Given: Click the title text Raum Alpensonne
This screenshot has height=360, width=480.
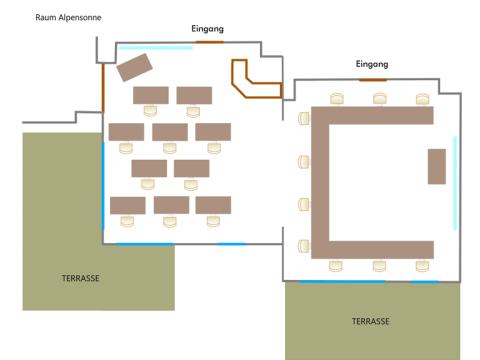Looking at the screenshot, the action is pos(68,18).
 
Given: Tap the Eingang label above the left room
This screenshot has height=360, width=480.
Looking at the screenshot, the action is pos(207,29).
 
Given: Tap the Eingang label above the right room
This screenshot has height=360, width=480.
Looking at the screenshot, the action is pos(372,64).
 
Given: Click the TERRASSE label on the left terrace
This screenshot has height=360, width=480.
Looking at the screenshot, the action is pos(81,278).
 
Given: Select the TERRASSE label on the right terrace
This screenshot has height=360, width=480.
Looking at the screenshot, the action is pos(371,321).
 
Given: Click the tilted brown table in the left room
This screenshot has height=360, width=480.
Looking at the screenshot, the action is pos(135,67).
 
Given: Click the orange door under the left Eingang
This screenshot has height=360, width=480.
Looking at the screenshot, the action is pos(210,42).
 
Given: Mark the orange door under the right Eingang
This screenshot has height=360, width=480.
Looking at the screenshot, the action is pos(373,80).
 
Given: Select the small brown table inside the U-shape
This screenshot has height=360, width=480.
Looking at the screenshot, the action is pos(437,166).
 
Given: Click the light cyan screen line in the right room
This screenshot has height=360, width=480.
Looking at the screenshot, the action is pos(455,183).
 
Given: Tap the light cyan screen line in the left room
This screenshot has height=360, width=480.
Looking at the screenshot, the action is pos(156,48).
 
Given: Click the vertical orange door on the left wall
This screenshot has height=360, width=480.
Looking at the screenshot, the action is pos(103,88).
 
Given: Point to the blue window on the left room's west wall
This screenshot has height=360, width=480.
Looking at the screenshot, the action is pos(103,185).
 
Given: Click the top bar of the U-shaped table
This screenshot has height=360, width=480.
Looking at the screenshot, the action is pos(372,115).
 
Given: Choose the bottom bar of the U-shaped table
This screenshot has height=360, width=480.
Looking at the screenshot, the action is pos(372,250).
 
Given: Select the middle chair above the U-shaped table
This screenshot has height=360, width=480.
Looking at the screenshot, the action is pos(380,99).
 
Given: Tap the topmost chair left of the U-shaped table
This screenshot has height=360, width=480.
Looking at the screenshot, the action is pos(304,118).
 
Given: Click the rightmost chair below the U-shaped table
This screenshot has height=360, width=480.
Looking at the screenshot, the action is pos(422,266).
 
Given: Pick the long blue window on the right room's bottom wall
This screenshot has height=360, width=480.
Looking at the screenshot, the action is pos(342,282).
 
